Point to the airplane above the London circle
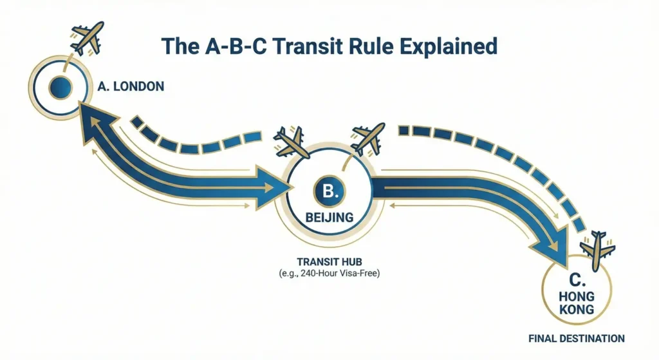pyautogui.click(x=87, y=38)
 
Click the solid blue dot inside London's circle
pyautogui.click(x=60, y=88)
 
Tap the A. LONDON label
pyautogui.click(x=131, y=87)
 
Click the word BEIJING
pyautogui.click(x=329, y=218)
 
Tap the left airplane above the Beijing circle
pyautogui.click(x=291, y=142)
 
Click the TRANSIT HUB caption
pyautogui.click(x=329, y=261)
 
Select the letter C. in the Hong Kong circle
pyautogui.click(x=577, y=280)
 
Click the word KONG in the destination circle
pyautogui.click(x=577, y=310)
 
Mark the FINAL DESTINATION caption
pyautogui.click(x=577, y=339)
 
